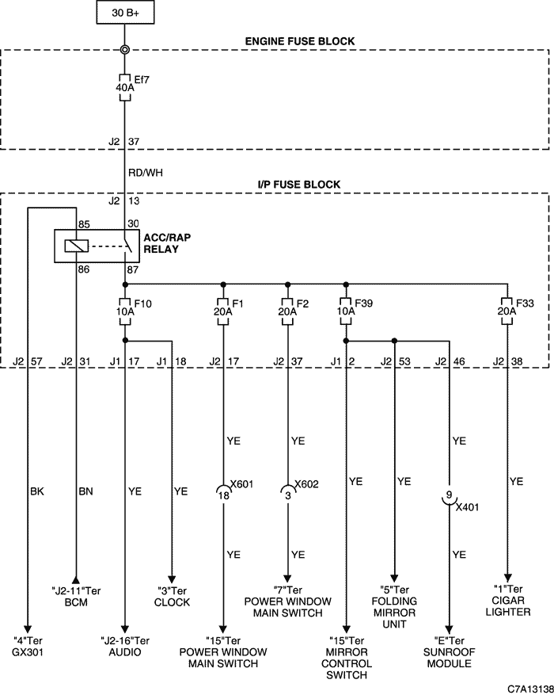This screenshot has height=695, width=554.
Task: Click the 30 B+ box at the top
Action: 125,13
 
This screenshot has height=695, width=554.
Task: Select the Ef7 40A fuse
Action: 125,87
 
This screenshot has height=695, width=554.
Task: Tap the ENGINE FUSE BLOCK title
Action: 300,41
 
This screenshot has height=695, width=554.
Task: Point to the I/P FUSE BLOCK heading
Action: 299,185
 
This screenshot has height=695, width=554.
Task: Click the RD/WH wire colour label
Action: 145,173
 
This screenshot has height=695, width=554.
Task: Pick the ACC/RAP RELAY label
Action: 167,243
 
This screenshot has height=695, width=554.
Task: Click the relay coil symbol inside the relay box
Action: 77,246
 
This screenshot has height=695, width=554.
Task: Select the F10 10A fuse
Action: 125,311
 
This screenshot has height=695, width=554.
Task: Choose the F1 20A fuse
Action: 223,311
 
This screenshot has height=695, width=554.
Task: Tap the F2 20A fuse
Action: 287,311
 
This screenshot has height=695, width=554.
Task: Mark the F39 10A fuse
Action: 346,311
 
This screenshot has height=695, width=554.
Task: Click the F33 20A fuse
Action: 507,311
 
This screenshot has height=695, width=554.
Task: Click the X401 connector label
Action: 467,507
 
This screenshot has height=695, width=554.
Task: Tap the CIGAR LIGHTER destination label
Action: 507,606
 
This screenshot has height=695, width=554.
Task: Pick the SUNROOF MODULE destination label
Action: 449,658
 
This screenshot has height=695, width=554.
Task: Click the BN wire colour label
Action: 85,491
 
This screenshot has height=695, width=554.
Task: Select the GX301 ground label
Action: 28,652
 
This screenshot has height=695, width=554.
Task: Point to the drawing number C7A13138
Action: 530,689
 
